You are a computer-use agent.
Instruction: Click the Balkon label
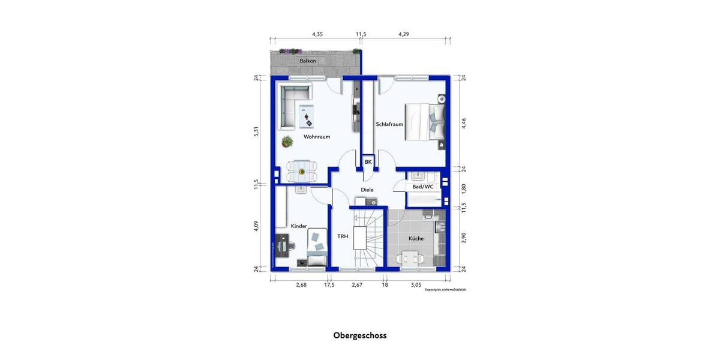coord(308,61)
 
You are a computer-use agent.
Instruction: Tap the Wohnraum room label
coord(317,137)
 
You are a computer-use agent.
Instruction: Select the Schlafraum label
coord(389,124)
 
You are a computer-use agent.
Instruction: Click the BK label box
coord(368,162)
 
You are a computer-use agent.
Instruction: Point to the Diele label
coord(367,190)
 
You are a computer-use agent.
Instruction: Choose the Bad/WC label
coord(422,187)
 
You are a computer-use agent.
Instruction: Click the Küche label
coord(416,238)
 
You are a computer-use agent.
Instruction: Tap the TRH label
coord(343,236)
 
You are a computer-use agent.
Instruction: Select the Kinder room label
coord(299,226)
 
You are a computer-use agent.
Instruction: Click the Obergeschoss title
coord(360,335)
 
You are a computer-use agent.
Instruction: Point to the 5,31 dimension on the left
coord(256,131)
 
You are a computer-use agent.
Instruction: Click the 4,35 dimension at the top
coord(317,35)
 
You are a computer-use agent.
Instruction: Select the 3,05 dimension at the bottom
coord(415,284)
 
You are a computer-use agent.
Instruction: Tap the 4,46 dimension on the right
coord(463,123)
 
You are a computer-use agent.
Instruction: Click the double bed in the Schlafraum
coord(425,122)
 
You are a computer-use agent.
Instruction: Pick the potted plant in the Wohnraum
coord(288,142)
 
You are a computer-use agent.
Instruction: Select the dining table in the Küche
coord(411,259)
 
